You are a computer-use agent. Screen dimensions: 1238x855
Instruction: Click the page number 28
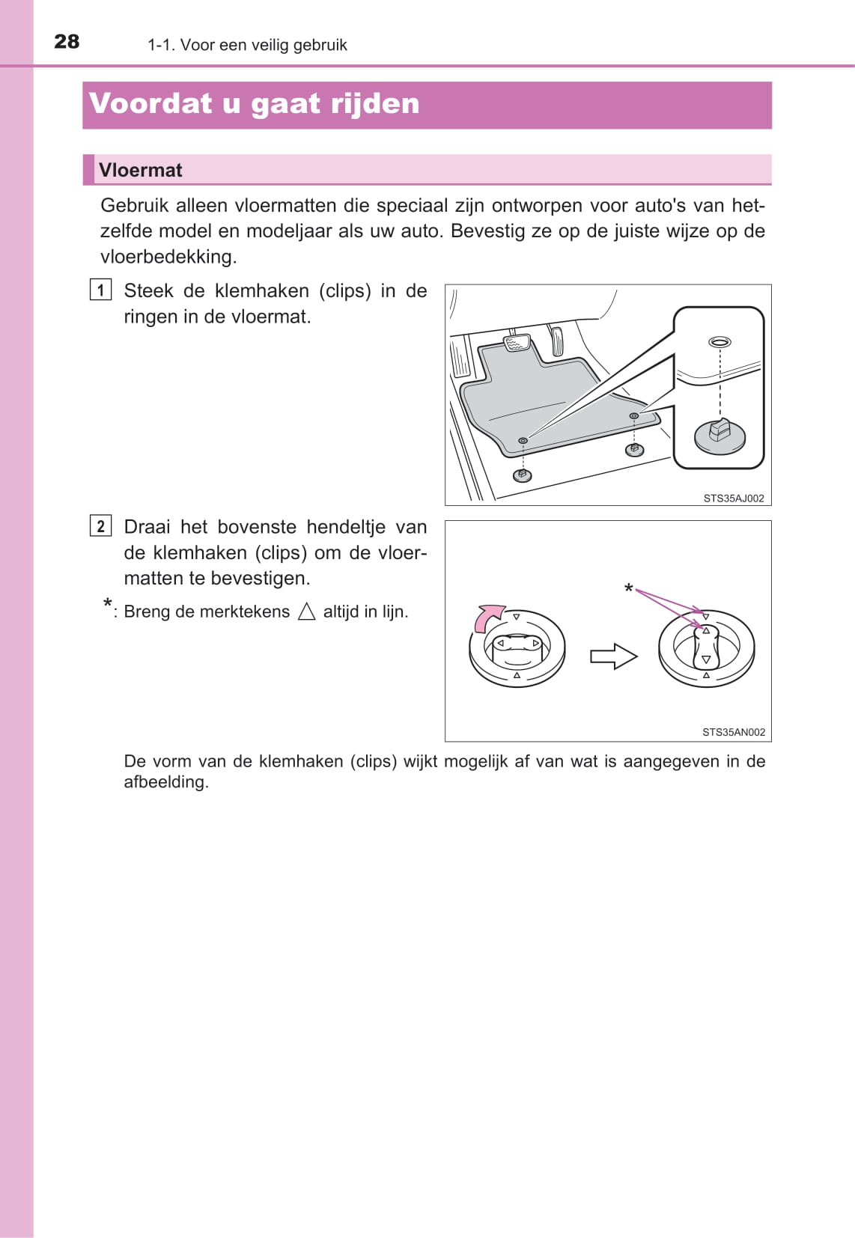point(67,42)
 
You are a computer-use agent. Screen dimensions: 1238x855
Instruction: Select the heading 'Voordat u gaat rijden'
point(254,104)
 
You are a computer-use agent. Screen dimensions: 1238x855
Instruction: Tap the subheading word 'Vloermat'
point(141,171)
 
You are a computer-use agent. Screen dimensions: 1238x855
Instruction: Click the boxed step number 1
point(100,290)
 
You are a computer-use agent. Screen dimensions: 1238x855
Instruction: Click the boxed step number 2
point(100,526)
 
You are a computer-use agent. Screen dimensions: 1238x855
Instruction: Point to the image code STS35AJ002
point(733,498)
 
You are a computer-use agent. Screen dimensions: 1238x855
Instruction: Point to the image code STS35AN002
point(733,733)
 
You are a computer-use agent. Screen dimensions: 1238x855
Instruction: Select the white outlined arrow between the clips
point(613,656)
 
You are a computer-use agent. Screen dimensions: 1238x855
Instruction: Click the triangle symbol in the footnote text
point(307,612)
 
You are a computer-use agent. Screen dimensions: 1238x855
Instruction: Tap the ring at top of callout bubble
point(719,342)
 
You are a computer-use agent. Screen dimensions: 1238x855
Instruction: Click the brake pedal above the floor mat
point(517,344)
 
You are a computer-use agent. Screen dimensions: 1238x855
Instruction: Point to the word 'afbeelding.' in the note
point(166,782)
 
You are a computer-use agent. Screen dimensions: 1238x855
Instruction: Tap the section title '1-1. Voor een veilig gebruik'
point(247,45)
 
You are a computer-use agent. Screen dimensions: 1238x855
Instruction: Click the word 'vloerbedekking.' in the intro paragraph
point(168,257)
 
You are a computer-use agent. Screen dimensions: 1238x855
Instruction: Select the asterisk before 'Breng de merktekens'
point(108,605)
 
